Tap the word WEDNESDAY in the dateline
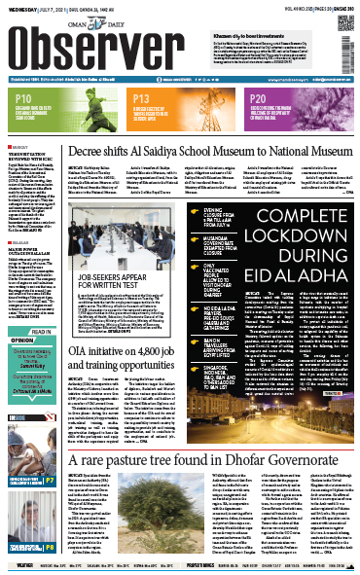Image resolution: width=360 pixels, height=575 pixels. pyautogui.click(x=19, y=7)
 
